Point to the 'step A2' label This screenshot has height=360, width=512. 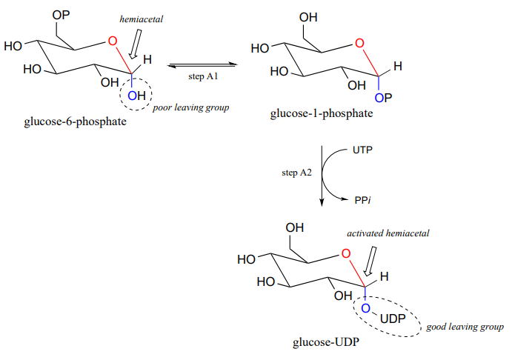[296, 173]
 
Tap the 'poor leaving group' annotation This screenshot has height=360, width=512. [190, 107]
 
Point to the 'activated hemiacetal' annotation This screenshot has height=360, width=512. [388, 233]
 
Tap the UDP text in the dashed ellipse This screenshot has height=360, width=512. [392, 319]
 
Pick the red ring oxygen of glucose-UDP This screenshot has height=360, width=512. [346, 255]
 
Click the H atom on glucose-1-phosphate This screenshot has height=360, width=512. [398, 67]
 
